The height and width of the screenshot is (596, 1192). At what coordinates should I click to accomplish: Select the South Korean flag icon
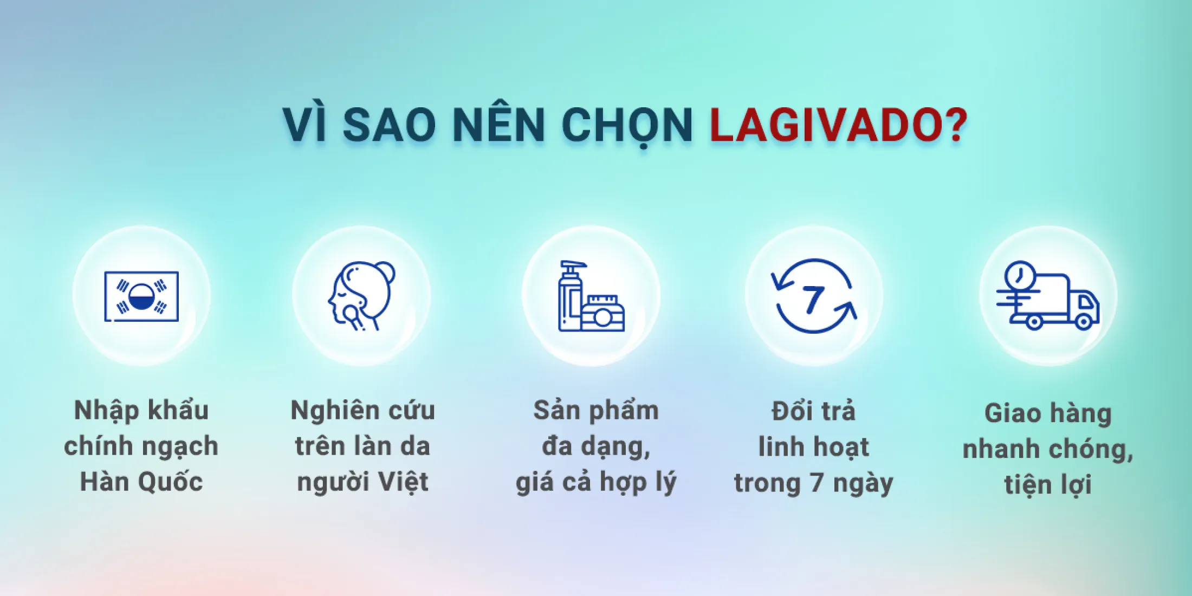click(x=141, y=296)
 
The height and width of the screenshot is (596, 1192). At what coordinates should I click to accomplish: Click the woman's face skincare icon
click(x=361, y=296)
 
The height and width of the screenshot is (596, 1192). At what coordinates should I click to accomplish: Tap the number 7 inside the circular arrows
click(x=813, y=300)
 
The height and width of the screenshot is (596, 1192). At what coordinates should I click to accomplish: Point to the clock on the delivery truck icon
click(x=1020, y=276)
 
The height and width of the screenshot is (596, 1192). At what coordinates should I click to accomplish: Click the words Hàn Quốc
click(x=141, y=482)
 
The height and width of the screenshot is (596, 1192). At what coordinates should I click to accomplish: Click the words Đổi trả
click(x=813, y=411)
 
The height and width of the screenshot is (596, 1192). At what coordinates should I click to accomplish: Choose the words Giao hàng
click(x=1048, y=414)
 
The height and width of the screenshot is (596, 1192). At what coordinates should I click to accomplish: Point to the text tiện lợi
click(x=1048, y=484)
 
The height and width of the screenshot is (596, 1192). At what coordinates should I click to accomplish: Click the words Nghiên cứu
click(x=362, y=411)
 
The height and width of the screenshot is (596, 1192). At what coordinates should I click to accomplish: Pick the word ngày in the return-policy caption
click(x=863, y=483)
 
